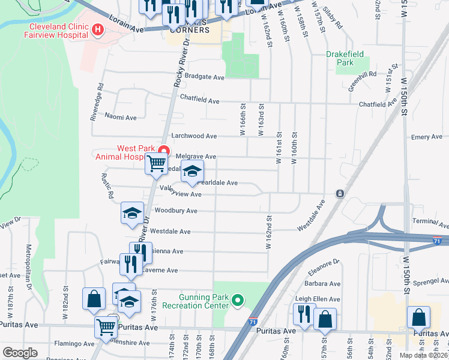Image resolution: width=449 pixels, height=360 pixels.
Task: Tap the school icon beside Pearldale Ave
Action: click(192, 172)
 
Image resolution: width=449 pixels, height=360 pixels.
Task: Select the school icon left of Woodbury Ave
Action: click(132, 214)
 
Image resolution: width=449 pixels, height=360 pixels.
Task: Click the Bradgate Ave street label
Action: click(204, 77)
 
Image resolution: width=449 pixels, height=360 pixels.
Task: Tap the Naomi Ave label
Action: click(121, 116)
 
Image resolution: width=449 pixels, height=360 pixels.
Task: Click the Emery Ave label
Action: click(427, 137)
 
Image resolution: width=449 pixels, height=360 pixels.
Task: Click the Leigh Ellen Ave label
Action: click(318, 298)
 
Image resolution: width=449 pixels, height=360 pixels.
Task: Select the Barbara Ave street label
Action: click(322, 284)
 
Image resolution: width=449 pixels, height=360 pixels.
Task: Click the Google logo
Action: click(20, 353)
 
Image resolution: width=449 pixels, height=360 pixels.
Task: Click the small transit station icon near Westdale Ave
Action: click(340, 194)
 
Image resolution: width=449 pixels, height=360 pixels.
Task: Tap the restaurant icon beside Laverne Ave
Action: click(131, 263)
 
